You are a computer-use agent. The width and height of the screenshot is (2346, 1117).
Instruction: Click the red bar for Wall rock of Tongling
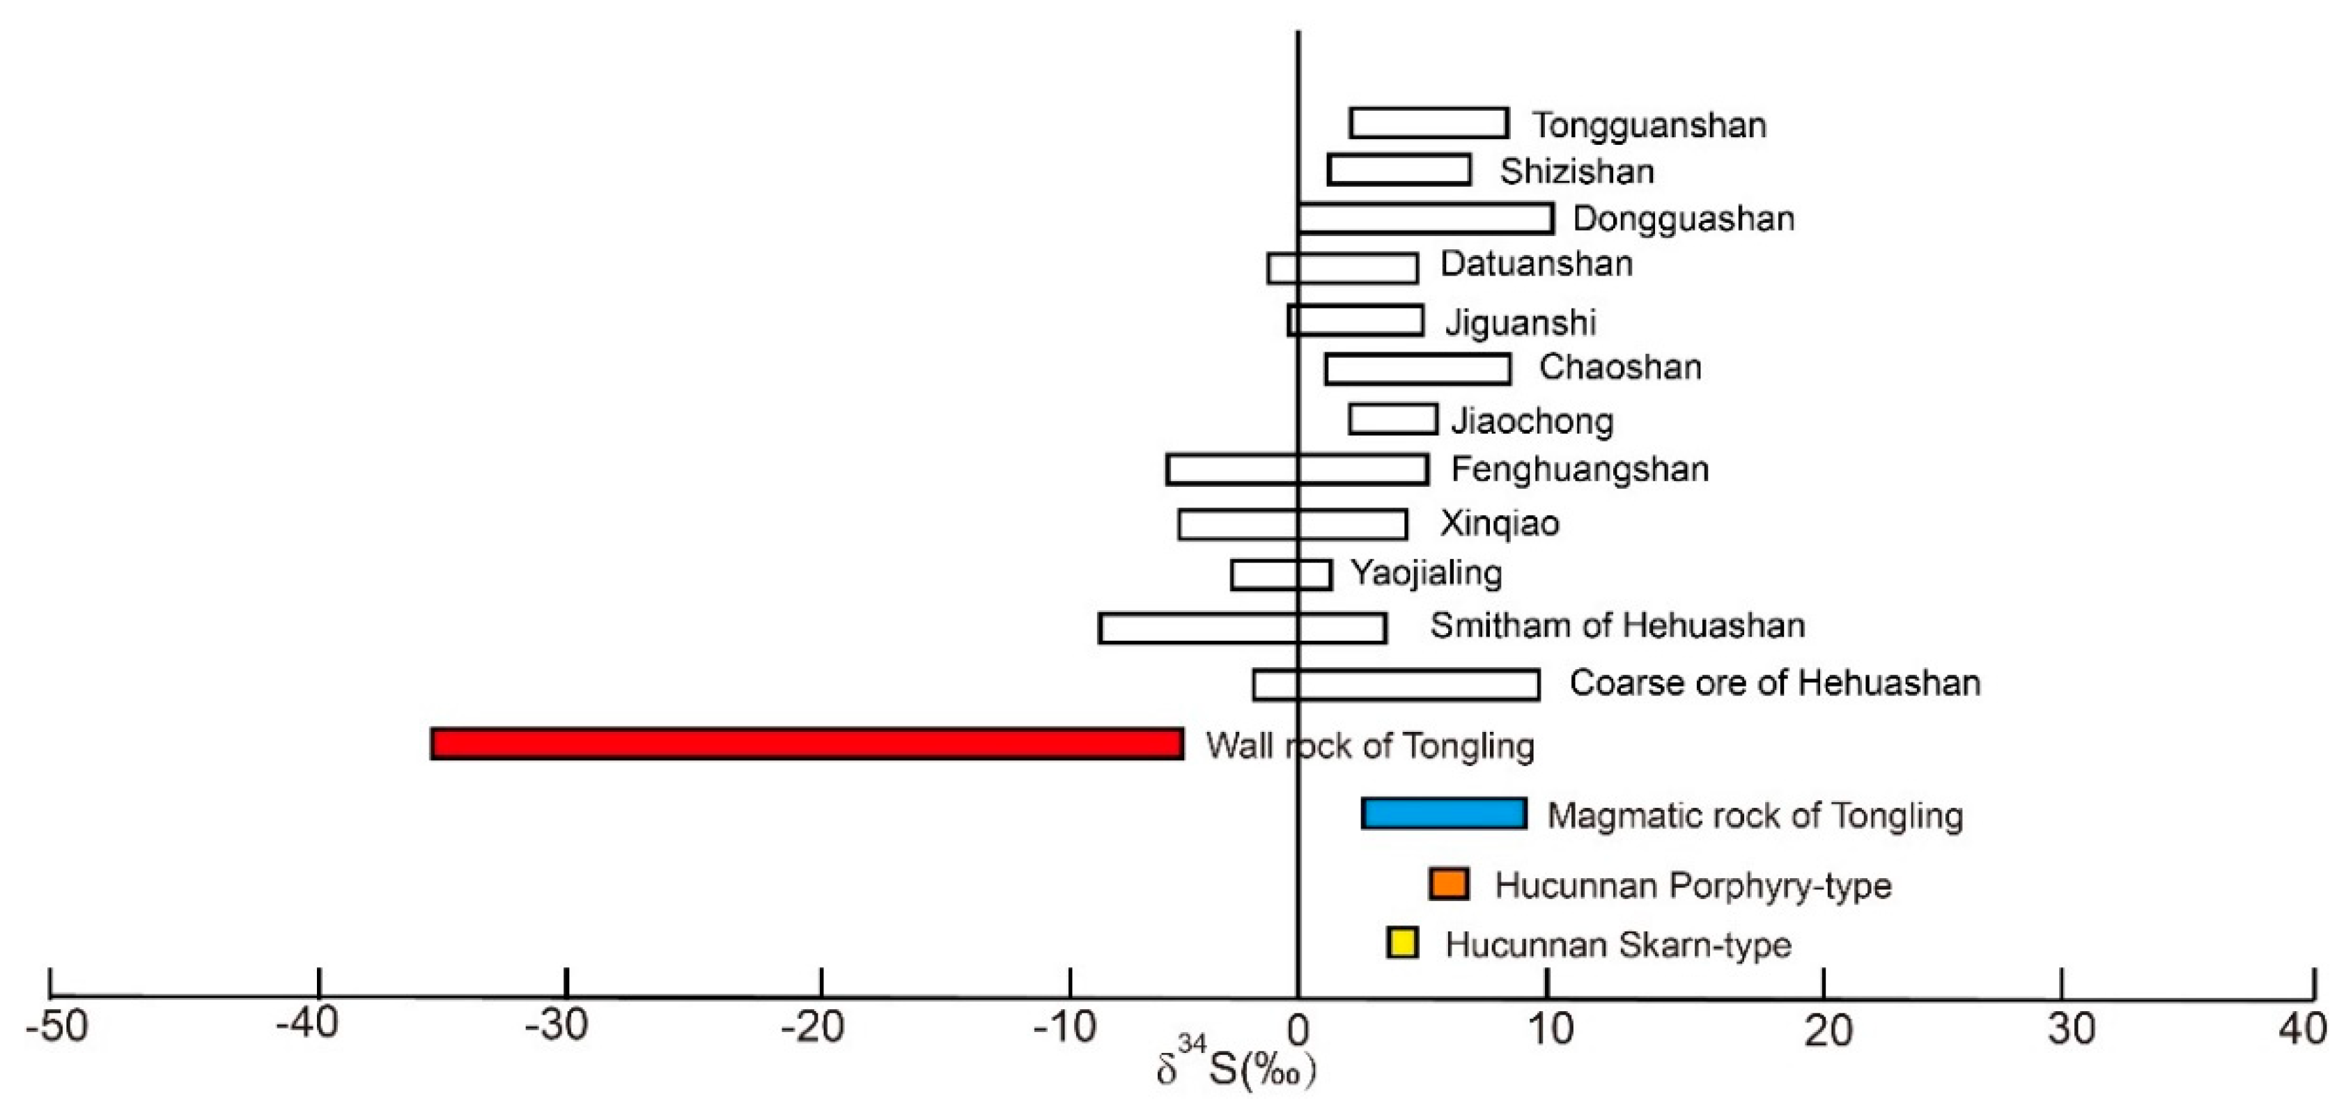coord(807,744)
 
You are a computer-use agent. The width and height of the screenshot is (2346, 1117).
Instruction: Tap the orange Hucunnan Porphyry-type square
coord(1448,884)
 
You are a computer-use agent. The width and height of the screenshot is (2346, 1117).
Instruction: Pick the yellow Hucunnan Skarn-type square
coord(1402,942)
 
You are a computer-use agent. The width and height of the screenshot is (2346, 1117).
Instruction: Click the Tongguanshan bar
coord(1429,123)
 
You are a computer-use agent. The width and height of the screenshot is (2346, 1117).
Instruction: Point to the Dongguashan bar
coord(1425,219)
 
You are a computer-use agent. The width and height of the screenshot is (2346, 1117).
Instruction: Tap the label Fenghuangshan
coord(1579,469)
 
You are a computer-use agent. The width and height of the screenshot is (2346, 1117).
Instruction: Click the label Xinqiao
coord(1499,524)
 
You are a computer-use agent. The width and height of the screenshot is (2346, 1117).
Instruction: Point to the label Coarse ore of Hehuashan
coord(1774,682)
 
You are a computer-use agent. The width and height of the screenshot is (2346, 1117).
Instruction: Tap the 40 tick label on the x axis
coord(2302,1029)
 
